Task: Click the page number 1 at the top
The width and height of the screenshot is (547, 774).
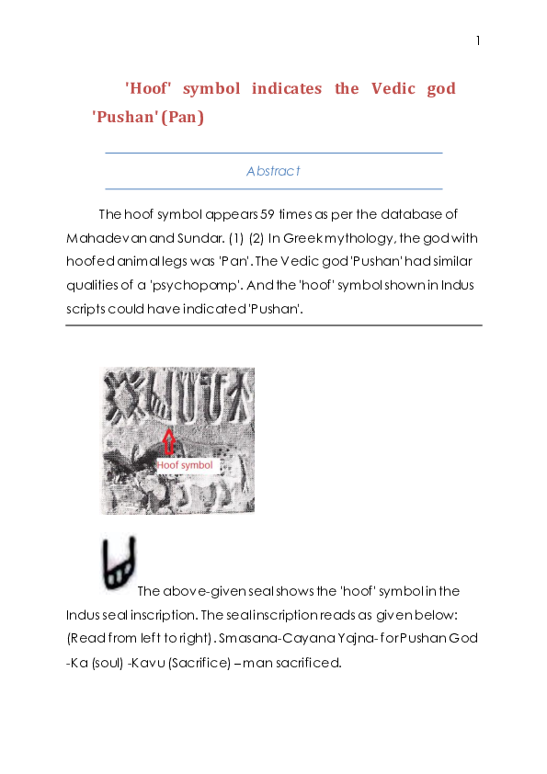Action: coord(478,40)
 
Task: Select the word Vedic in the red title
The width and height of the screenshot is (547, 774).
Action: coord(389,88)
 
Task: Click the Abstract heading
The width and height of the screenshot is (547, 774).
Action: coord(273,171)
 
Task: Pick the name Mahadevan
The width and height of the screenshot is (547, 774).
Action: coord(98,238)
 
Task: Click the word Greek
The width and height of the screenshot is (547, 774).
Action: coord(311,238)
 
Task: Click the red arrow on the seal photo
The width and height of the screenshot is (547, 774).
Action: coord(167,441)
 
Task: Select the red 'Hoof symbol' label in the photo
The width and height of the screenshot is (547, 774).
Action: coord(185,466)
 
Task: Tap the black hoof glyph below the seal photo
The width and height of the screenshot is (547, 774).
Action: coord(119,564)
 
